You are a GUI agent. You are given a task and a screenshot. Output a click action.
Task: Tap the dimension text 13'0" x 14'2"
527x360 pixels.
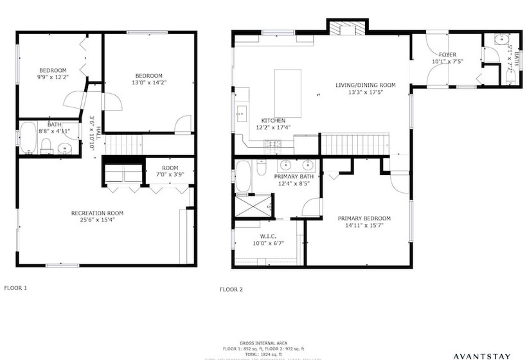point(148,82)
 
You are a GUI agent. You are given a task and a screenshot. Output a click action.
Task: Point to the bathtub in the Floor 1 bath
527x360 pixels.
point(28,138)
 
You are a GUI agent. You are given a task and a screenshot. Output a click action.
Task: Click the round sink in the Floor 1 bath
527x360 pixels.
point(65,148)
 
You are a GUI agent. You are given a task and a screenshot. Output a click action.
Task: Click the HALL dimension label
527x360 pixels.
point(93,132)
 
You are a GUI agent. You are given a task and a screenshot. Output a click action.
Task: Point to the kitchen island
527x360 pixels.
point(287,93)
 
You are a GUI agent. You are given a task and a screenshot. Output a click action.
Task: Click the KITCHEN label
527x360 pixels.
point(272,124)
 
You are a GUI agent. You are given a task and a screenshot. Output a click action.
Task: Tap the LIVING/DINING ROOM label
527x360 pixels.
point(365,89)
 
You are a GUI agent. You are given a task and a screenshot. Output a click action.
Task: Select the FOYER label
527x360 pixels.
point(447,58)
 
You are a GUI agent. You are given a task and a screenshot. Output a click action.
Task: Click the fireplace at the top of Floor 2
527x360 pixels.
point(347,28)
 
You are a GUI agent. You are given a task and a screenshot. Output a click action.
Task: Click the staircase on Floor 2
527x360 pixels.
point(354,144)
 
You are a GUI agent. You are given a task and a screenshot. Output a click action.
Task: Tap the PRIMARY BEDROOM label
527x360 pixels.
point(364,222)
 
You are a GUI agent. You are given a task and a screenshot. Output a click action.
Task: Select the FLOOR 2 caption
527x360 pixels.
point(231,289)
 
